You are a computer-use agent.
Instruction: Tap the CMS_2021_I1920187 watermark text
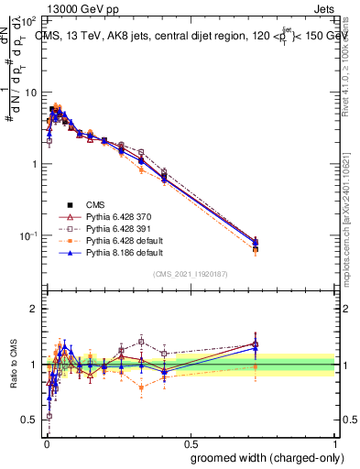pos(190,274)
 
